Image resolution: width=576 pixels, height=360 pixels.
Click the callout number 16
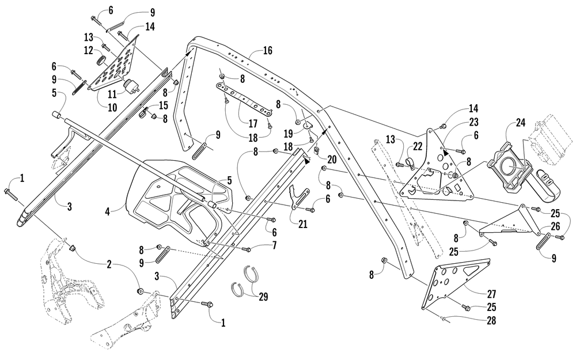pyautogui.click(x=268, y=50)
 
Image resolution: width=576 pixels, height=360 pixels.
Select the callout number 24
pyautogui.click(x=521, y=123)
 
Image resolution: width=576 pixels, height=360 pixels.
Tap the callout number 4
pyautogui.click(x=107, y=211)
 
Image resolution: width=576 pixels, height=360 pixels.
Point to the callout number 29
pyautogui.click(x=263, y=297)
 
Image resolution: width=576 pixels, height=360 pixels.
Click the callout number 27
pyautogui.click(x=491, y=294)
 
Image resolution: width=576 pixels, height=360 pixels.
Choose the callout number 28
pyautogui.click(x=491, y=320)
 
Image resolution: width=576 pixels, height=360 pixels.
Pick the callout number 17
pyautogui.click(x=253, y=123)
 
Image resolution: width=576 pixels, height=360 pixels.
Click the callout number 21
pyautogui.click(x=303, y=223)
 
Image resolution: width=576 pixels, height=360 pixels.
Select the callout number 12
pyautogui.click(x=89, y=50)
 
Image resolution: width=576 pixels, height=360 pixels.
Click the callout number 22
pyautogui.click(x=417, y=146)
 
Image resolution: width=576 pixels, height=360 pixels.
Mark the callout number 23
pyautogui.click(x=473, y=122)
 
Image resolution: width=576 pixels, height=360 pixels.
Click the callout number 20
pyautogui.click(x=332, y=159)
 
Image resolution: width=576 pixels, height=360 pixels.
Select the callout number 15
pyautogui.click(x=163, y=105)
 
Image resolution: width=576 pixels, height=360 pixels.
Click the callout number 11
pyautogui.click(x=112, y=94)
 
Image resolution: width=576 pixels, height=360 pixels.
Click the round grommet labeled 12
pyautogui.click(x=102, y=60)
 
